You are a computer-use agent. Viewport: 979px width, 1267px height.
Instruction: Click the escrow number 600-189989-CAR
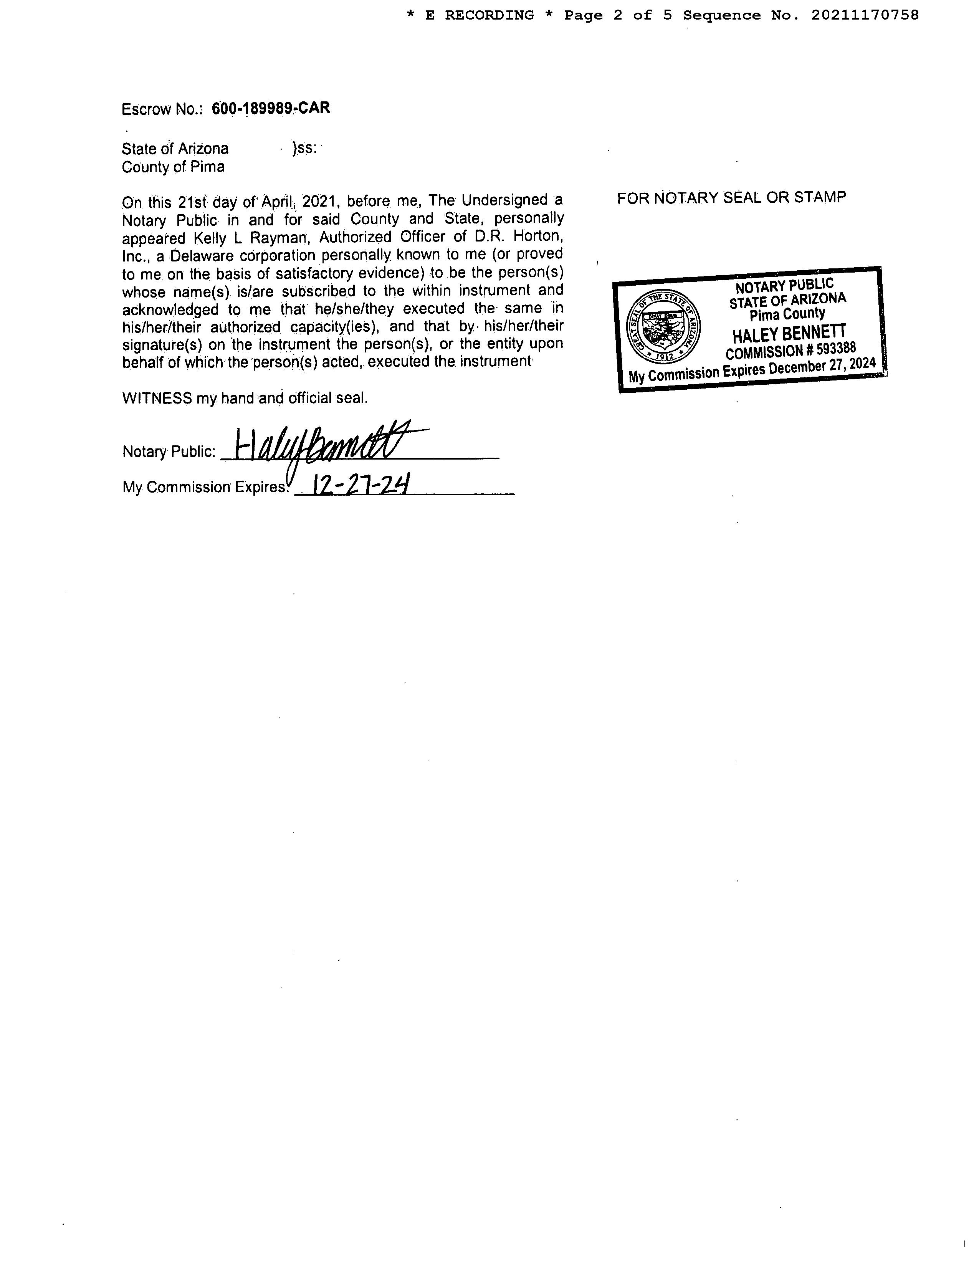tap(271, 109)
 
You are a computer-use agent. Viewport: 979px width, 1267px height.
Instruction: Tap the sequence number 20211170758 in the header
tap(865, 16)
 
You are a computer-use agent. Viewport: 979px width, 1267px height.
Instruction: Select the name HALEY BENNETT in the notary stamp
tap(789, 334)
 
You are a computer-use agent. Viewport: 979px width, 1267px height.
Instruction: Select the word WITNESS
tap(157, 398)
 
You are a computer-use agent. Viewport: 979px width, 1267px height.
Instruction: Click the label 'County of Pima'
tap(173, 167)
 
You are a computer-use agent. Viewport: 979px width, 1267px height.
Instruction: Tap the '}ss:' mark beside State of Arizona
tap(304, 149)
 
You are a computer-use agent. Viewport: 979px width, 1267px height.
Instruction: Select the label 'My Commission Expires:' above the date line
tap(205, 487)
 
